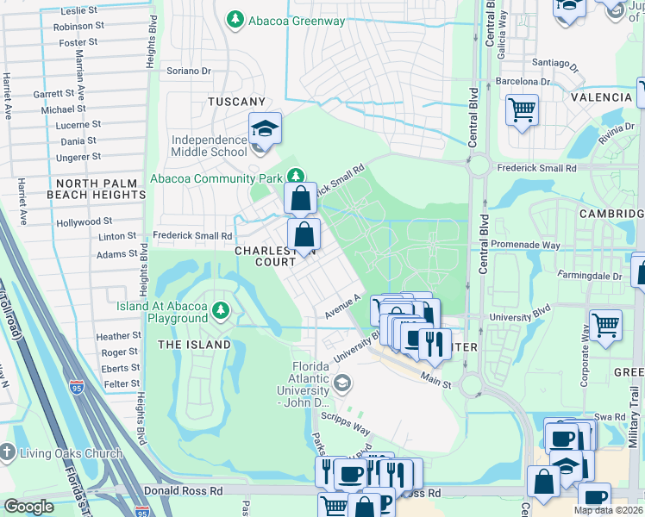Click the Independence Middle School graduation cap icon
pos(266,128)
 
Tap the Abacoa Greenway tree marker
pos(233,19)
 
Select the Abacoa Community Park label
pos(219,178)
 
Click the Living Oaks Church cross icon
pos(8,452)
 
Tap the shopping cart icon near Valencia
pos(522,110)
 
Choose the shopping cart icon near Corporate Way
pos(605,325)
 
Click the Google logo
pos(28,507)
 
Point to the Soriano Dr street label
pos(189,71)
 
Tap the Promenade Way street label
pos(525,246)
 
